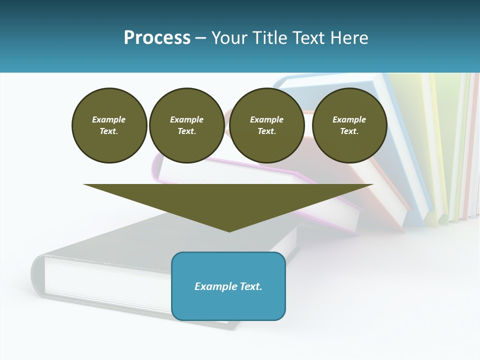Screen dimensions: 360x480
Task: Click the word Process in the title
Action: click(157, 38)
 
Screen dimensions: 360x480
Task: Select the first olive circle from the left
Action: click(109, 125)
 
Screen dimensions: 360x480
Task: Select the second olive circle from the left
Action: click(186, 125)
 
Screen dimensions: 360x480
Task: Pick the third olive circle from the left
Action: click(266, 125)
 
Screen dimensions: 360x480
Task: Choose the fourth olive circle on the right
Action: click(349, 125)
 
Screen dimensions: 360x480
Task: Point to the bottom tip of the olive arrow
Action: click(229, 231)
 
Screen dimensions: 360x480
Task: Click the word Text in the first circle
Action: click(109, 131)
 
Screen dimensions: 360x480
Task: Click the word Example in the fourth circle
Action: click(349, 119)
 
